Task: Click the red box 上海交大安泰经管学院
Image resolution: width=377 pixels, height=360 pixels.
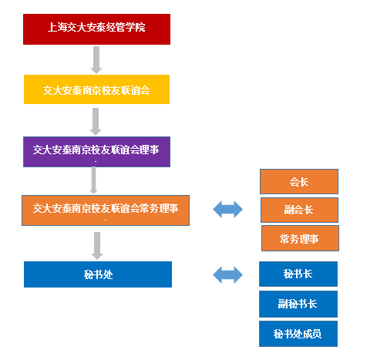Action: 96,29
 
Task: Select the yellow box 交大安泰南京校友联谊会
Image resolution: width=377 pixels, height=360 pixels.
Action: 96,89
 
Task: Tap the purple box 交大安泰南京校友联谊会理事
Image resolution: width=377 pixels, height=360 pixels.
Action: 96,151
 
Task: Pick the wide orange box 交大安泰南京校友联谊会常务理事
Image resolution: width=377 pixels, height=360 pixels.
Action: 105,209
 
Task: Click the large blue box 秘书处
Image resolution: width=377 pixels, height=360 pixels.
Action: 97,274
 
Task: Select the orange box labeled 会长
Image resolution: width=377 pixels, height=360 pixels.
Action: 298,182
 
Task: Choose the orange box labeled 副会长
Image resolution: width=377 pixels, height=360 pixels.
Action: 298,210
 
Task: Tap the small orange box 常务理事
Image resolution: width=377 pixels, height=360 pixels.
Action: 300,238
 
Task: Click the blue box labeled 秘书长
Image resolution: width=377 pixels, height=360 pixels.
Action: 298,274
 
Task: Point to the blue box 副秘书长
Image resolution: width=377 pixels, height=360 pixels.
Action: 298,304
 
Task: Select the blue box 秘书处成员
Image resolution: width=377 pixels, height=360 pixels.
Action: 298,334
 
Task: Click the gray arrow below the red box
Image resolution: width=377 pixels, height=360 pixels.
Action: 96,59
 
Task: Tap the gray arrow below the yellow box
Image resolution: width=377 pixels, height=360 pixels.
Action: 96,121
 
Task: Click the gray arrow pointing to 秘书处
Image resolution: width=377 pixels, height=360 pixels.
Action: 97,244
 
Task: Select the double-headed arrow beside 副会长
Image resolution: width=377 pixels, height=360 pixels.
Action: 227,209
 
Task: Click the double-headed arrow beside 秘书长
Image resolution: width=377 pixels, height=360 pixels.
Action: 227,274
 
